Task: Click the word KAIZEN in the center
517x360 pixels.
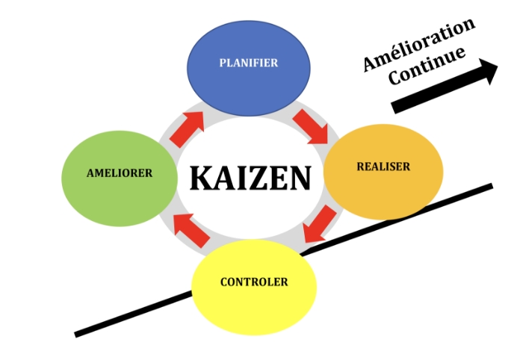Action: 250,179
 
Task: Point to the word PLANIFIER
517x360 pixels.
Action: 248,63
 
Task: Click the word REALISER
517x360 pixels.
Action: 383,167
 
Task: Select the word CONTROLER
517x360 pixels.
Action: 254,282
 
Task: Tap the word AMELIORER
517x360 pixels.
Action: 120,173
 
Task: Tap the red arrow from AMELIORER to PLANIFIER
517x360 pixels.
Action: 186,128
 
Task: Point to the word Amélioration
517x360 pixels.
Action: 419,44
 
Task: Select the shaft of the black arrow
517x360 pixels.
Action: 433,90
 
